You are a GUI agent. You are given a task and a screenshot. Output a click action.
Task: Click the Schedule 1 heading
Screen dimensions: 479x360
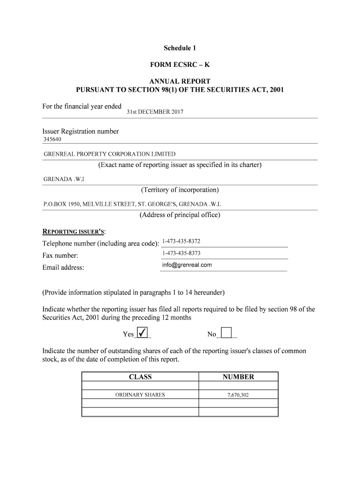[180, 48]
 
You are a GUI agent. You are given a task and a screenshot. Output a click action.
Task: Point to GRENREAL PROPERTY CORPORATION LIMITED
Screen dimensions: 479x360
[109, 154]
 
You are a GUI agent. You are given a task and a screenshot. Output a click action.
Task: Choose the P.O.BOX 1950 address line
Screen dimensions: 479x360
[132, 204]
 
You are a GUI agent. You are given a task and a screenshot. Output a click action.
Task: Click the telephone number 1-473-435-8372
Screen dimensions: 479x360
[181, 241]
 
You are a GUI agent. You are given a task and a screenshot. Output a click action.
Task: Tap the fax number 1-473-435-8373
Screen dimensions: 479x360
[181, 253]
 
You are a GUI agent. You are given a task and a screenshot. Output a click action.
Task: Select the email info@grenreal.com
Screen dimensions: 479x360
[187, 265]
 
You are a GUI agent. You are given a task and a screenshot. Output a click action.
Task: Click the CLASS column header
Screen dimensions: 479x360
[140, 377]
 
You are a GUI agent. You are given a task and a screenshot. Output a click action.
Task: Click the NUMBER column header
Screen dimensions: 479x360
[238, 377]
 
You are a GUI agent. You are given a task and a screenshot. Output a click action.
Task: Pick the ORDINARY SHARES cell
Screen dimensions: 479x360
[140, 395]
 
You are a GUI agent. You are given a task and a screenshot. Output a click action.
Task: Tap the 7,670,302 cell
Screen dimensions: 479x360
[238, 395]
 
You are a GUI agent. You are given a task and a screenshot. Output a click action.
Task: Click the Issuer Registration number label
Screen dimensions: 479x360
[80, 131]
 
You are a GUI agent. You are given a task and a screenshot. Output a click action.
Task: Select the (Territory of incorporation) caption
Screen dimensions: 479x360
[180, 190]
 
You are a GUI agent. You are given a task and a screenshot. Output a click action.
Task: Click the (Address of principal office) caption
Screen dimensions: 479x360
[180, 215]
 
